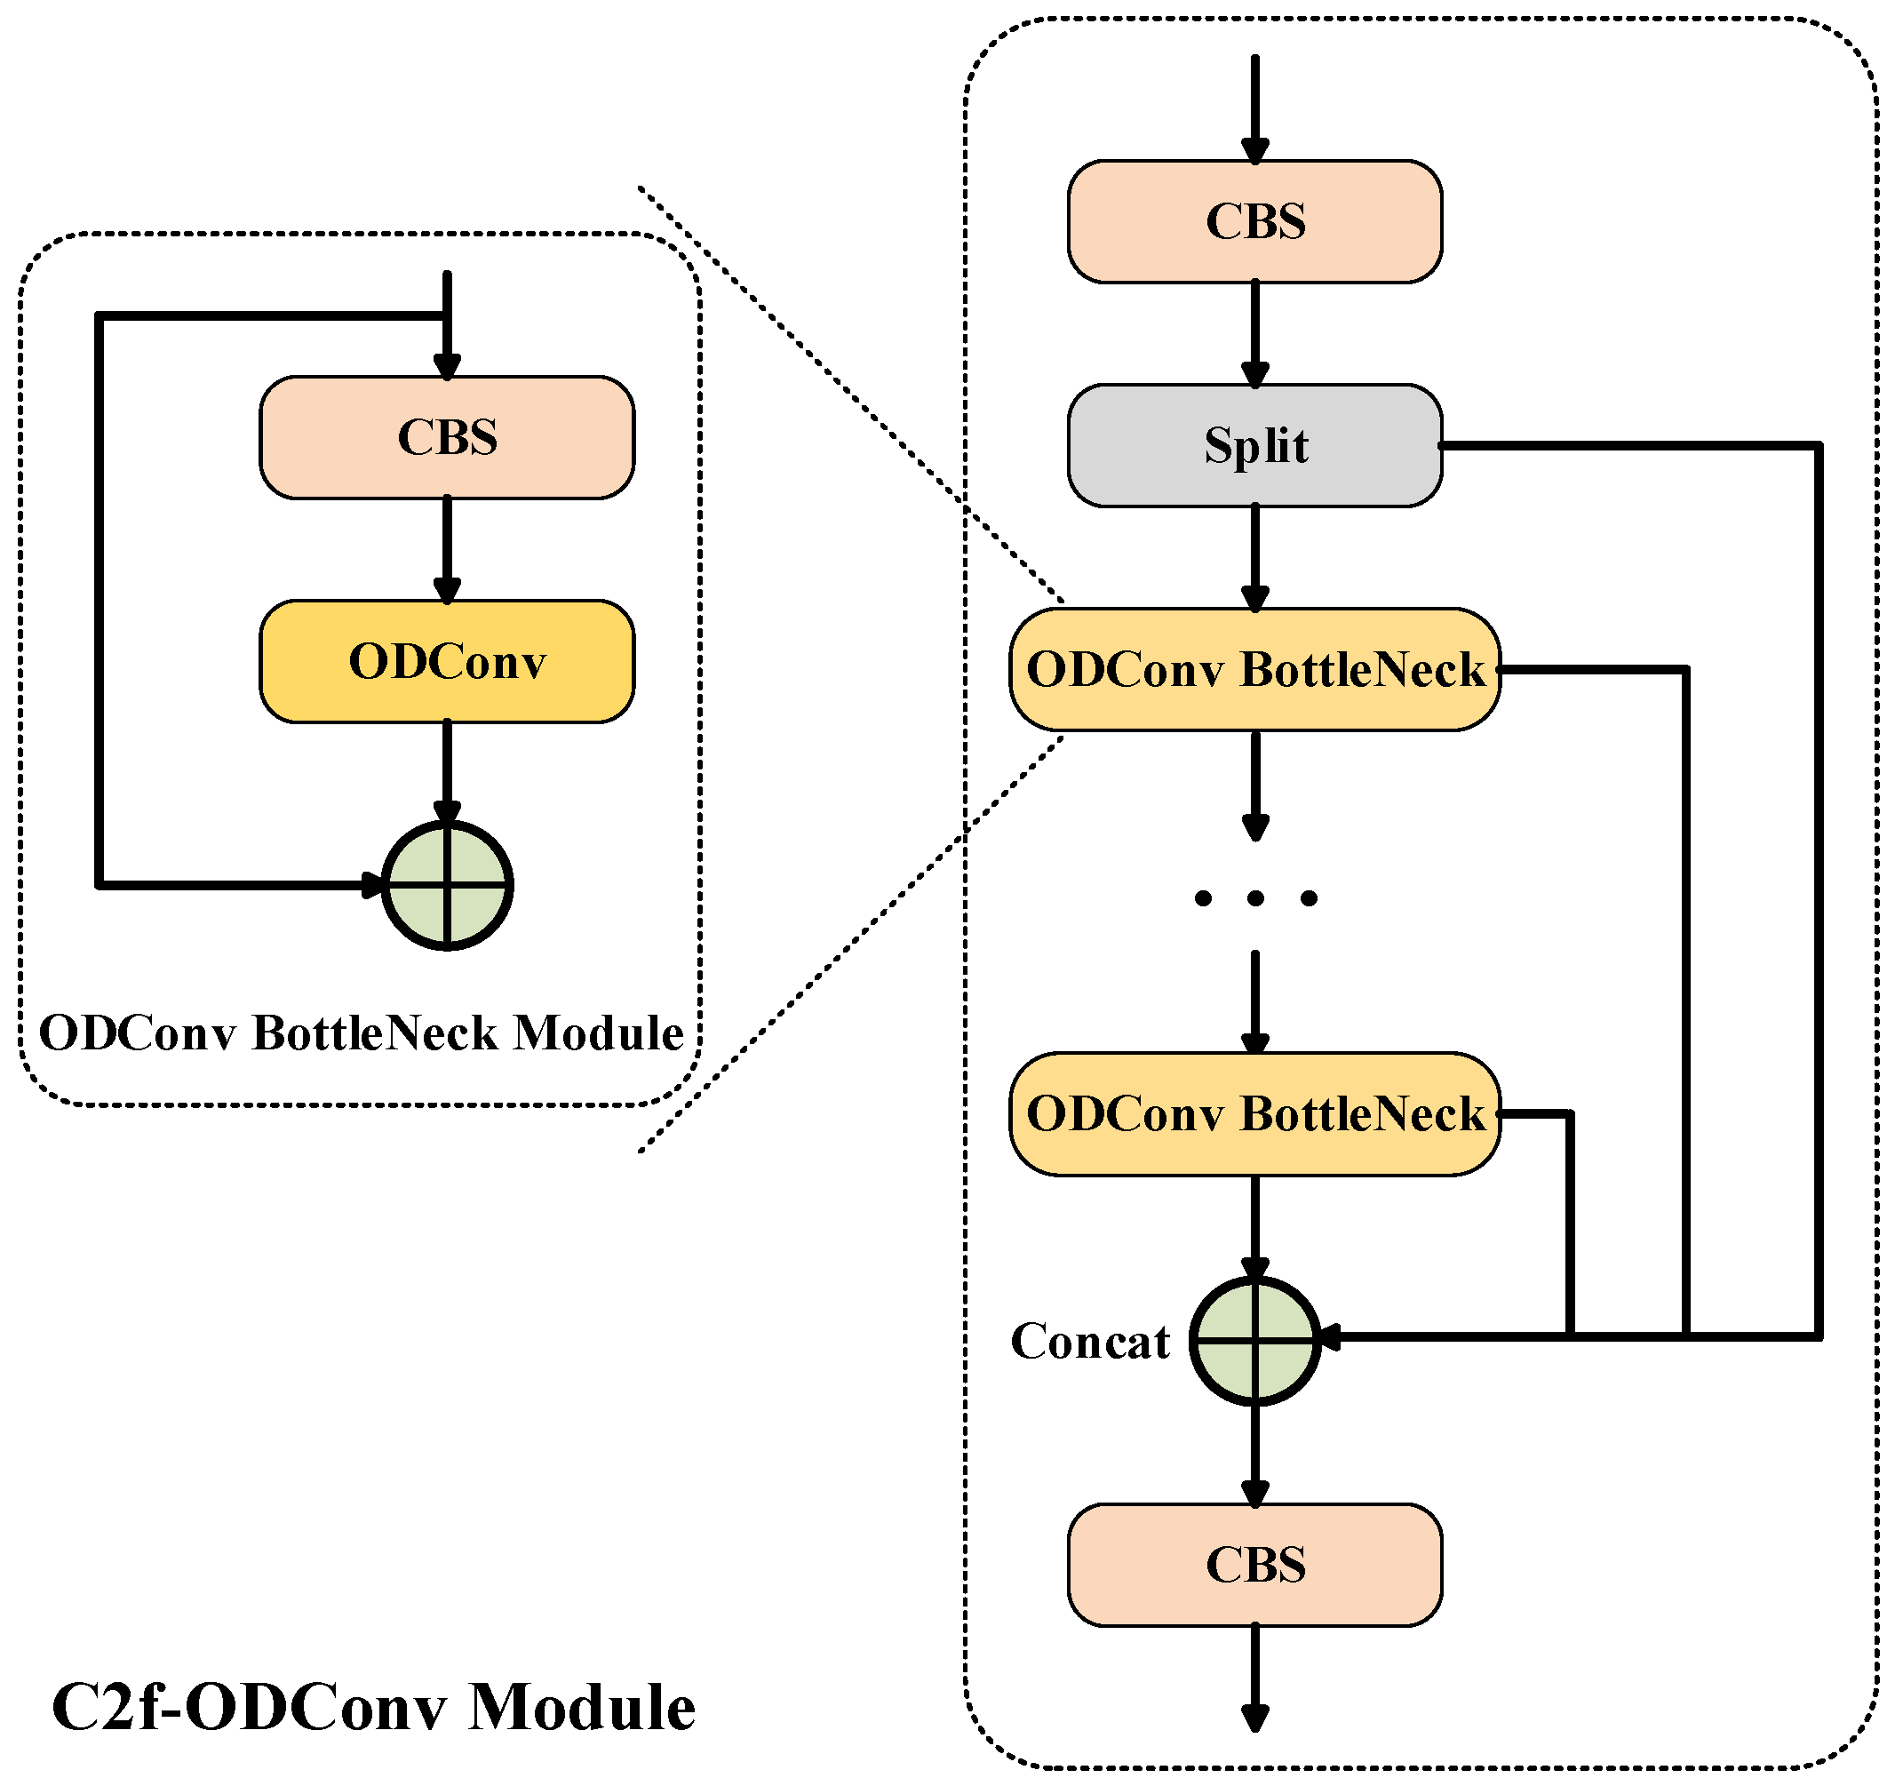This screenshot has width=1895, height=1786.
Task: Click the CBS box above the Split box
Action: [1254, 221]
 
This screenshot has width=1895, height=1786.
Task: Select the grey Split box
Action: [1254, 445]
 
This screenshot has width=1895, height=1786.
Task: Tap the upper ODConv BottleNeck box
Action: [1254, 669]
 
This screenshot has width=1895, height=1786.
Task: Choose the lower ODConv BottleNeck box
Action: [1254, 1113]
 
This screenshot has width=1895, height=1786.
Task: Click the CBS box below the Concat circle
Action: [1254, 1565]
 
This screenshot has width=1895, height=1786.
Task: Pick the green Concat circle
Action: [1254, 1340]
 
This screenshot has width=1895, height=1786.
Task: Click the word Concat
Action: [1089, 1342]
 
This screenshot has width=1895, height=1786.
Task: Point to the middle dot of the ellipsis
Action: [1254, 897]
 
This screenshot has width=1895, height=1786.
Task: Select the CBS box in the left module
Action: [446, 438]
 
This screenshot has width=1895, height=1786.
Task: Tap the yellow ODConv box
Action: [446, 662]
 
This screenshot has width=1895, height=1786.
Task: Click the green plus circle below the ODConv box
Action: [446, 886]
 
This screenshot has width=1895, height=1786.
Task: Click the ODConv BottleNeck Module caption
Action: [361, 1033]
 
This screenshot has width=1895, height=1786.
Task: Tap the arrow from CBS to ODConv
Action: [446, 548]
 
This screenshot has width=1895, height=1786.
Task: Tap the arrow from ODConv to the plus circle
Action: [446, 770]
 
